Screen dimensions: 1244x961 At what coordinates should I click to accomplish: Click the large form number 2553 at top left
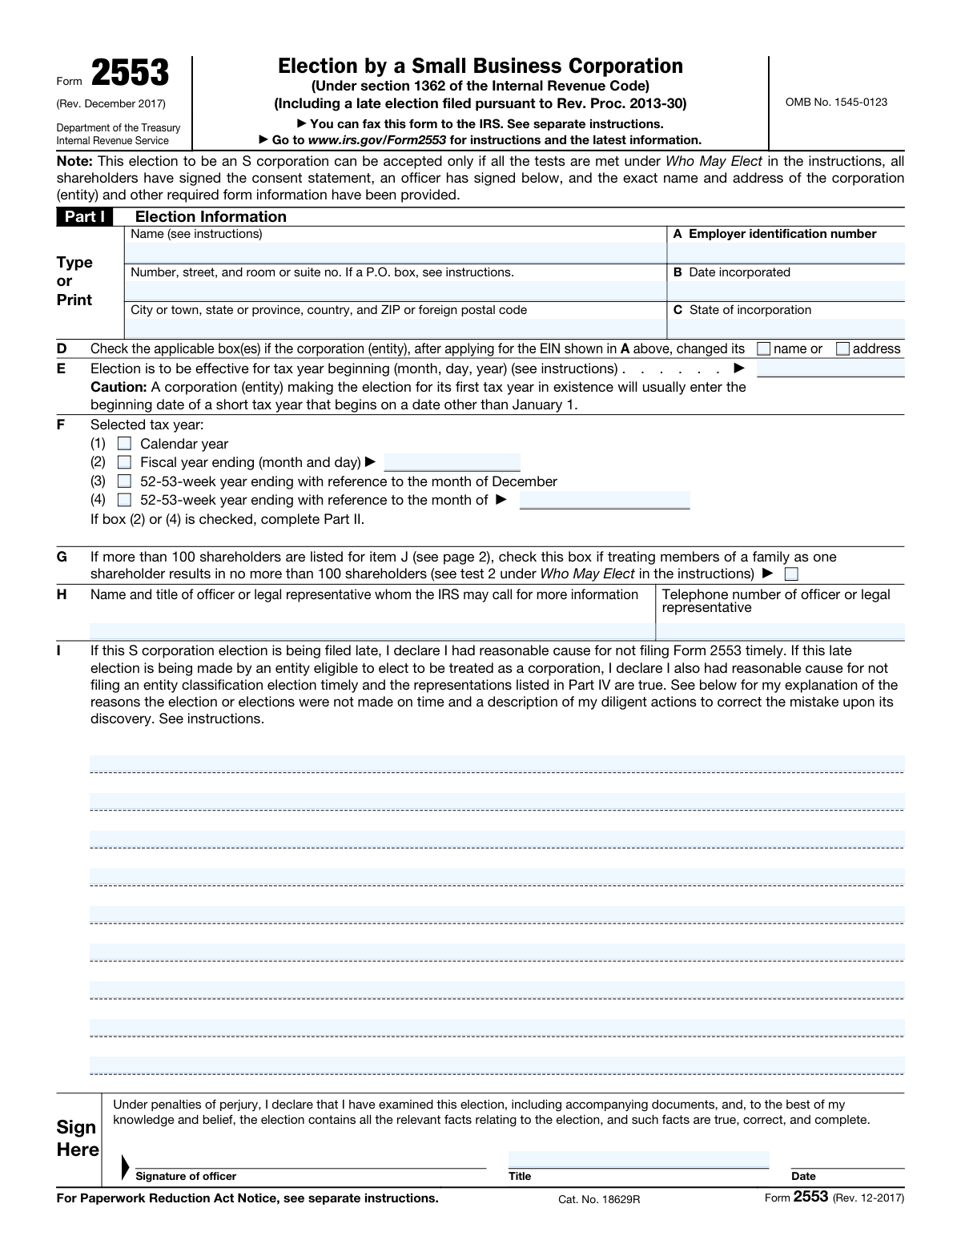130,74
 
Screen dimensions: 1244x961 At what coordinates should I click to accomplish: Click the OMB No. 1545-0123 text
836,102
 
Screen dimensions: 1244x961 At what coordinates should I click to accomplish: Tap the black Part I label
85,216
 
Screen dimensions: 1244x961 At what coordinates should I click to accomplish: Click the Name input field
396,252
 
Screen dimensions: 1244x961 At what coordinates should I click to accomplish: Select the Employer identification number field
786,252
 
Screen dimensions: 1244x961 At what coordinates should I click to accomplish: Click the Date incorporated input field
786,290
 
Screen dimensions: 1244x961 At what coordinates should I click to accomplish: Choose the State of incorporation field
786,328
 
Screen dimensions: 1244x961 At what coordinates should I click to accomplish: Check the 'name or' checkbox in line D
764,348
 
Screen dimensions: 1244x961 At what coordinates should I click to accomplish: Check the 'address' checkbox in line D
842,348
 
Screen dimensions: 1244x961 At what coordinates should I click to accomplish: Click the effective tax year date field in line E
830,368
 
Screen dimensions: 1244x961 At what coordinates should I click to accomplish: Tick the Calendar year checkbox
124,444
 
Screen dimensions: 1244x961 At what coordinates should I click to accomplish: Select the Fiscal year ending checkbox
124,462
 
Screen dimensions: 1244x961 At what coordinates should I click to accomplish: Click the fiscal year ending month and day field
452,462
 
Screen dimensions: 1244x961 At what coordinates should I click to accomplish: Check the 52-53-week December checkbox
124,481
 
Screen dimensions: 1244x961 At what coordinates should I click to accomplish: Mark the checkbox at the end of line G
791,574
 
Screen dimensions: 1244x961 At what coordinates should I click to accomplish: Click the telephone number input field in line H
780,631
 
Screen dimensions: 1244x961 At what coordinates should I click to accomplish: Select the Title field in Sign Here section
638,1160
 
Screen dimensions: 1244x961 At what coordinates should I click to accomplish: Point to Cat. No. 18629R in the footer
600,1199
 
